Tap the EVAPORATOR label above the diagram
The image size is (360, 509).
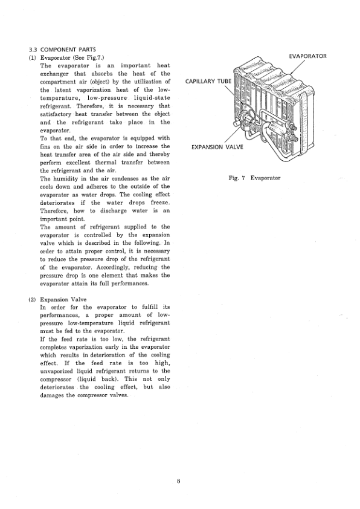[307, 56]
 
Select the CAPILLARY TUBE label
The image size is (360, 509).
[208, 81]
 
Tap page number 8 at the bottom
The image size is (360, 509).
[179, 481]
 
